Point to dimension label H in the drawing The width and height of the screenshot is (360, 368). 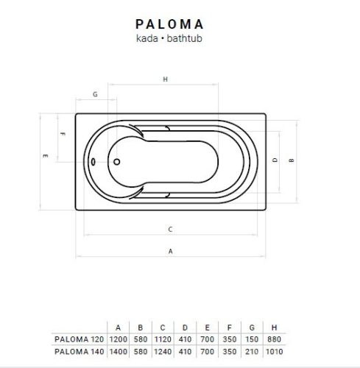tap(166, 79)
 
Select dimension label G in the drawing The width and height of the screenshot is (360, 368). tap(95, 94)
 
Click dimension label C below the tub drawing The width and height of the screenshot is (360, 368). tap(170, 229)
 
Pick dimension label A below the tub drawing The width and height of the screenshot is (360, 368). tap(170, 251)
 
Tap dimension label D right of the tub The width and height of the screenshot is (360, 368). tap(274, 160)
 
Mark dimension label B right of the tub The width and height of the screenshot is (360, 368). tap(292, 160)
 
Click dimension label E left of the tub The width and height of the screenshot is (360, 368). tap(46, 156)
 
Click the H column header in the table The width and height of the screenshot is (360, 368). tap(275, 326)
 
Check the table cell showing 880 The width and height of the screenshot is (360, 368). tap(275, 339)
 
